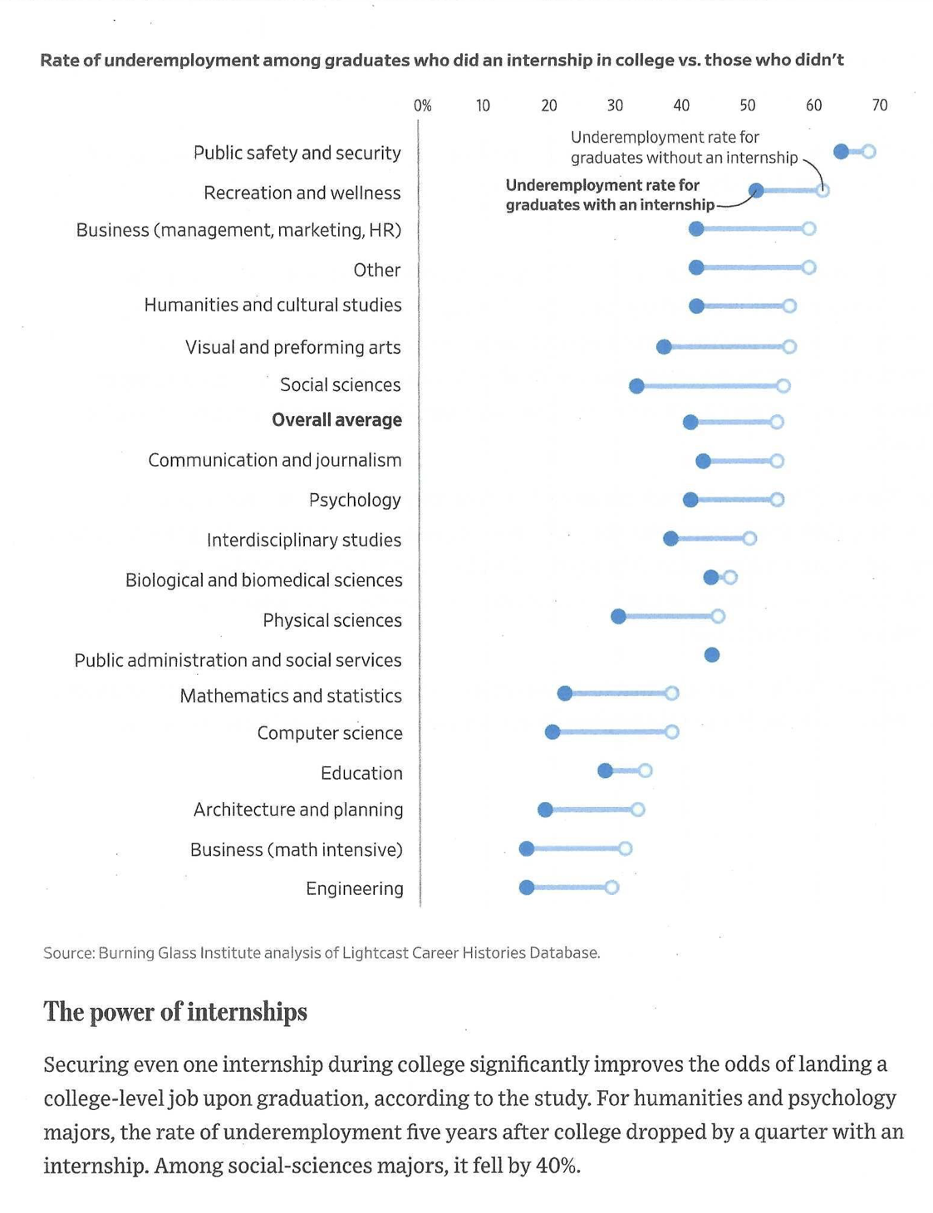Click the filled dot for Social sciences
pyautogui.click(x=636, y=386)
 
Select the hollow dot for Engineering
pyautogui.click(x=611, y=888)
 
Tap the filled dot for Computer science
pyautogui.click(x=552, y=731)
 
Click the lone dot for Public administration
pyautogui.click(x=712, y=655)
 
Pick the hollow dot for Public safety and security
pyautogui.click(x=868, y=151)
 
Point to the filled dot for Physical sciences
pyautogui.click(x=618, y=616)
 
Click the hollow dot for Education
pyautogui.click(x=646, y=770)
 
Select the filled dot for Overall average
pyautogui.click(x=690, y=423)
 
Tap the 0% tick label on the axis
pyautogui.click(x=422, y=105)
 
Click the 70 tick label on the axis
pyautogui.click(x=879, y=105)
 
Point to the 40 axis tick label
pyautogui.click(x=681, y=105)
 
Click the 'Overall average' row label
pyautogui.click(x=336, y=420)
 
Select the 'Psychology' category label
pyautogui.click(x=355, y=500)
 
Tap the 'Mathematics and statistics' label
pyautogui.click(x=291, y=696)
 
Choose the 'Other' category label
pyautogui.click(x=376, y=270)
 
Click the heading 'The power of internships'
pyautogui.click(x=175, y=1011)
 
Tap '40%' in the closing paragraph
pyautogui.click(x=556, y=1166)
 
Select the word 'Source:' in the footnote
pyautogui.click(x=68, y=953)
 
